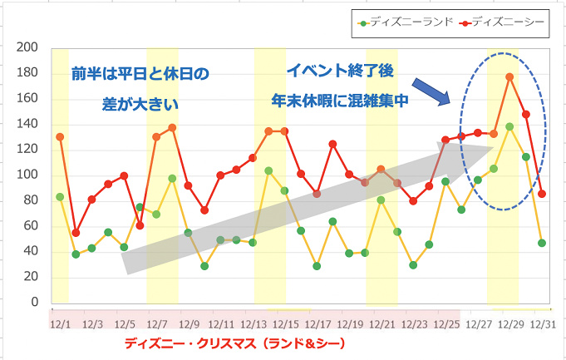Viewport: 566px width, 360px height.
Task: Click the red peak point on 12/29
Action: (509, 77)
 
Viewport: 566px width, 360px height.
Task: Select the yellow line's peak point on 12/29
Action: (509, 126)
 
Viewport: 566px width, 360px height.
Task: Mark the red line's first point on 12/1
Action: (60, 137)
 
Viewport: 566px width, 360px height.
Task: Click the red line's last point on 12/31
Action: (542, 194)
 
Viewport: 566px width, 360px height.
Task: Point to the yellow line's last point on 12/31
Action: (542, 243)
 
